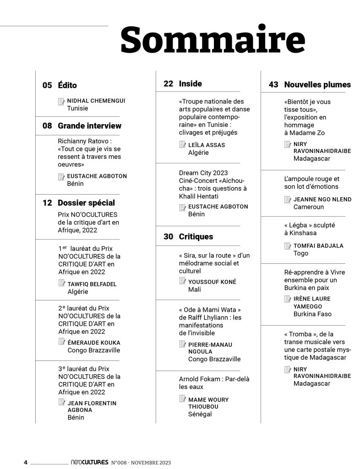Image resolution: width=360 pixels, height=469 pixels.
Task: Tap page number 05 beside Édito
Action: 47,85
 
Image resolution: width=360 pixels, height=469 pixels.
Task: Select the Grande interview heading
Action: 89,125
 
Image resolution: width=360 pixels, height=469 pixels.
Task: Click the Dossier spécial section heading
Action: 86,202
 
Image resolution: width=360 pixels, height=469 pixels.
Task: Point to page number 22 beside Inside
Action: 168,83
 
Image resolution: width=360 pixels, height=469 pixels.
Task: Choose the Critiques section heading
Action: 196,237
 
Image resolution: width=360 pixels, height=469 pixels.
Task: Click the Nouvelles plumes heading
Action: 317,84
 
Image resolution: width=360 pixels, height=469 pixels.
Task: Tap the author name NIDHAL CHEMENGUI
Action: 96,101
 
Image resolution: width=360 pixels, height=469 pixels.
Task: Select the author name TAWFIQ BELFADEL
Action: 92,284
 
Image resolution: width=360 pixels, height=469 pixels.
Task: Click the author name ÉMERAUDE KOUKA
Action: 93,342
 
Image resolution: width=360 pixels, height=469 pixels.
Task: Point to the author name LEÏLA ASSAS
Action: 207,145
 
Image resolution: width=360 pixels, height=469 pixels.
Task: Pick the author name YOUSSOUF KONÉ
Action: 211,282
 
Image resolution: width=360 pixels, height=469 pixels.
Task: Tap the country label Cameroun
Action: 308,207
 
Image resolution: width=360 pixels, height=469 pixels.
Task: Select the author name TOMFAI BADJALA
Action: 318,245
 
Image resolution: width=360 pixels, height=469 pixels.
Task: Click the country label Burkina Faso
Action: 312,314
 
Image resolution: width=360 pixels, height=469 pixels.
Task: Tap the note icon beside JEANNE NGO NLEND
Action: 287,199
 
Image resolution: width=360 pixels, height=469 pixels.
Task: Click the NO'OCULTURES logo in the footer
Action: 90,462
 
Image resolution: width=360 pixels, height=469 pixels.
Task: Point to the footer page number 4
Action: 26,462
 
